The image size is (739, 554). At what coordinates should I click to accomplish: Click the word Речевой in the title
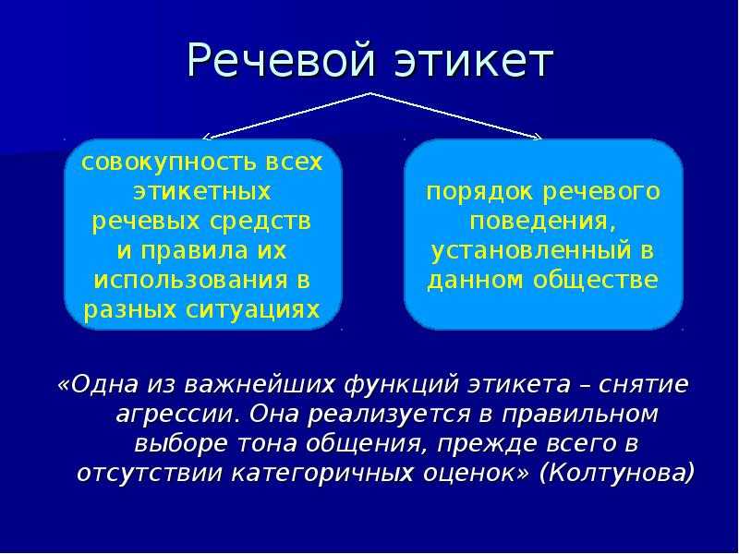point(282,61)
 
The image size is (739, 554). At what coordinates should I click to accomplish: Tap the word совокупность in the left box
point(169,163)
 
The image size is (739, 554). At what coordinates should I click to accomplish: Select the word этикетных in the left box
point(202,192)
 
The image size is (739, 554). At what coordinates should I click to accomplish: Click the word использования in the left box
point(190,281)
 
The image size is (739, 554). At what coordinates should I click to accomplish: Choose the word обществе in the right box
point(596,281)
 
